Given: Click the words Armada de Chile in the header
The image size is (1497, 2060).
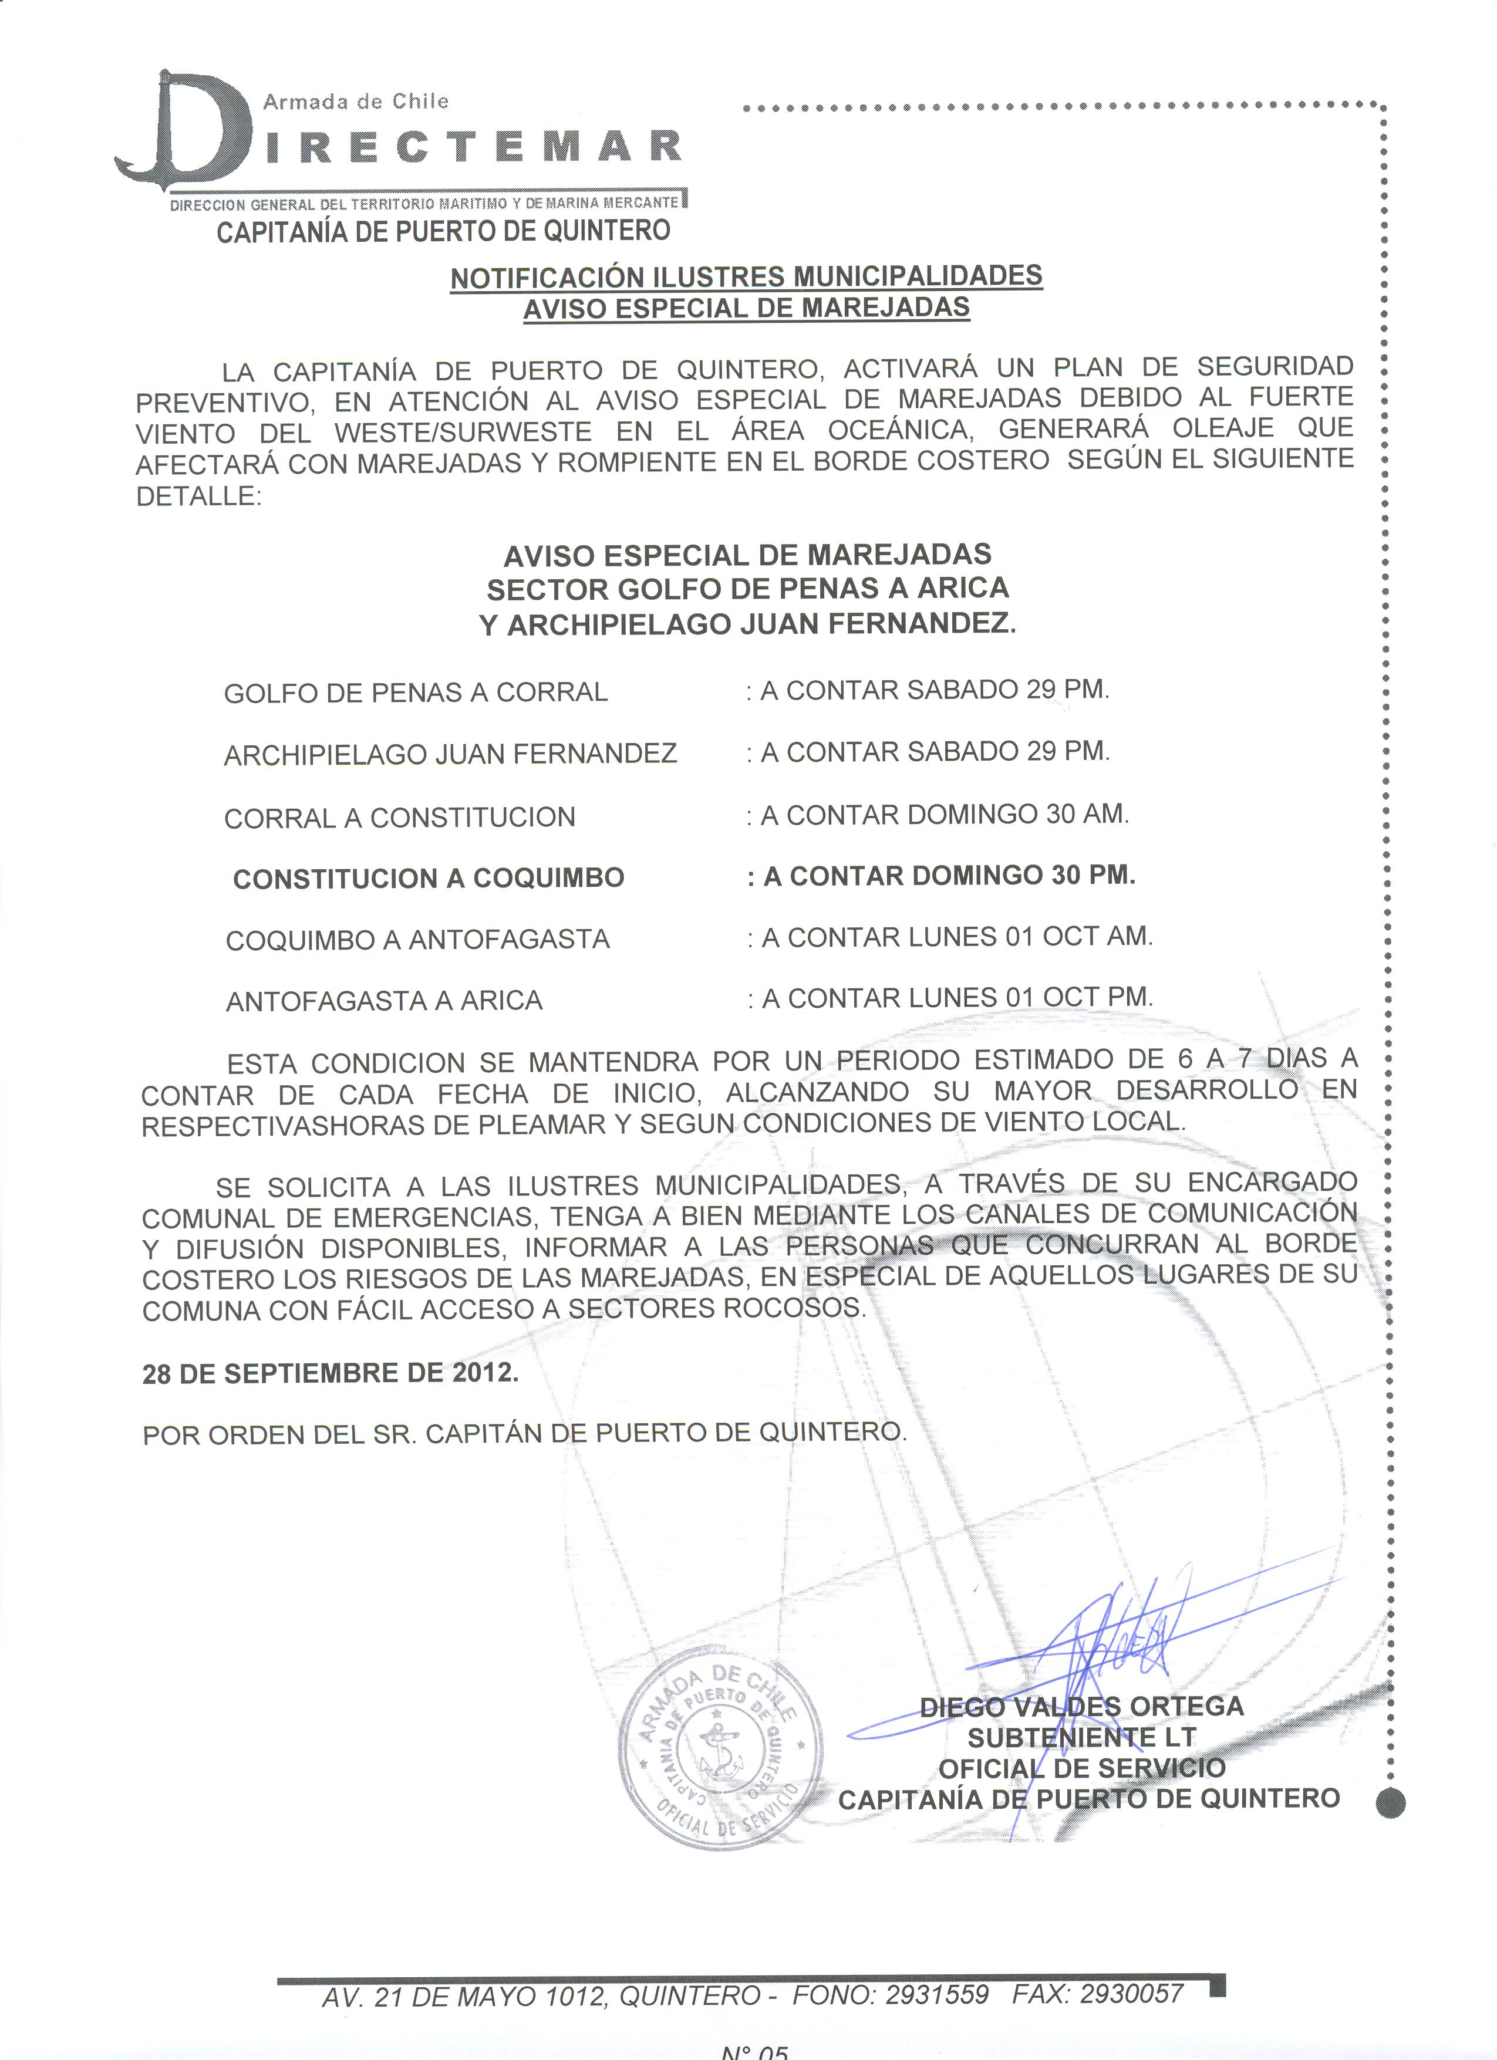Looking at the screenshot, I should coord(355,102).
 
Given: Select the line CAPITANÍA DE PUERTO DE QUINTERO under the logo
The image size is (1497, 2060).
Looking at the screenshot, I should coord(443,232).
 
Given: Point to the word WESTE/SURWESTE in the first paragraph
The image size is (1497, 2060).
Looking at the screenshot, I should coord(463,431).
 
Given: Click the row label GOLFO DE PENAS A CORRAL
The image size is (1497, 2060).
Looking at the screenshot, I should coord(415,692).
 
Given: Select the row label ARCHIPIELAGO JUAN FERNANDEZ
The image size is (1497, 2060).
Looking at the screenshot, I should coord(450,754).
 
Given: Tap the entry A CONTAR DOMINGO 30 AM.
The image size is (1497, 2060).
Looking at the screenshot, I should coord(945,815).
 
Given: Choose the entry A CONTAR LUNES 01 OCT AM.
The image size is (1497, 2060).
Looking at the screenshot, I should coord(956,937).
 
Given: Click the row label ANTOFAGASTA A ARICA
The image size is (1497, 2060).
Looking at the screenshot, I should coord(383,1001).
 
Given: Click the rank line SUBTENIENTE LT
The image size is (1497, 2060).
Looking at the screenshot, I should coord(1081,1738).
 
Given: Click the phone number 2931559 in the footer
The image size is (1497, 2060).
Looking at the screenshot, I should coord(936,1995).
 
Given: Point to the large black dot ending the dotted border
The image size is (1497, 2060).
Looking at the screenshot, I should coord(1390,1802).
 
